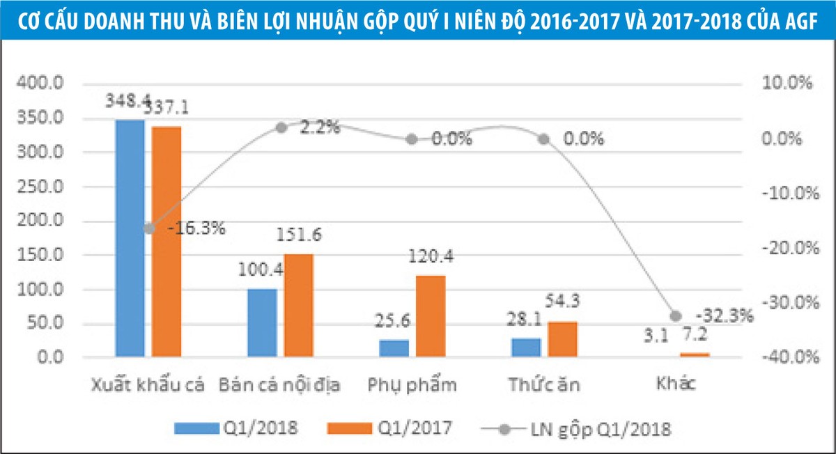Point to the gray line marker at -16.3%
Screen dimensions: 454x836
tap(148, 228)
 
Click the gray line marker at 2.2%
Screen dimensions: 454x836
tap(281, 127)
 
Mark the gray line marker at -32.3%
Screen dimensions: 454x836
tap(675, 315)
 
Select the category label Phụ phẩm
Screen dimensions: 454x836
tap(411, 385)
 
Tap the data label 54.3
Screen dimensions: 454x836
tap(564, 302)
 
